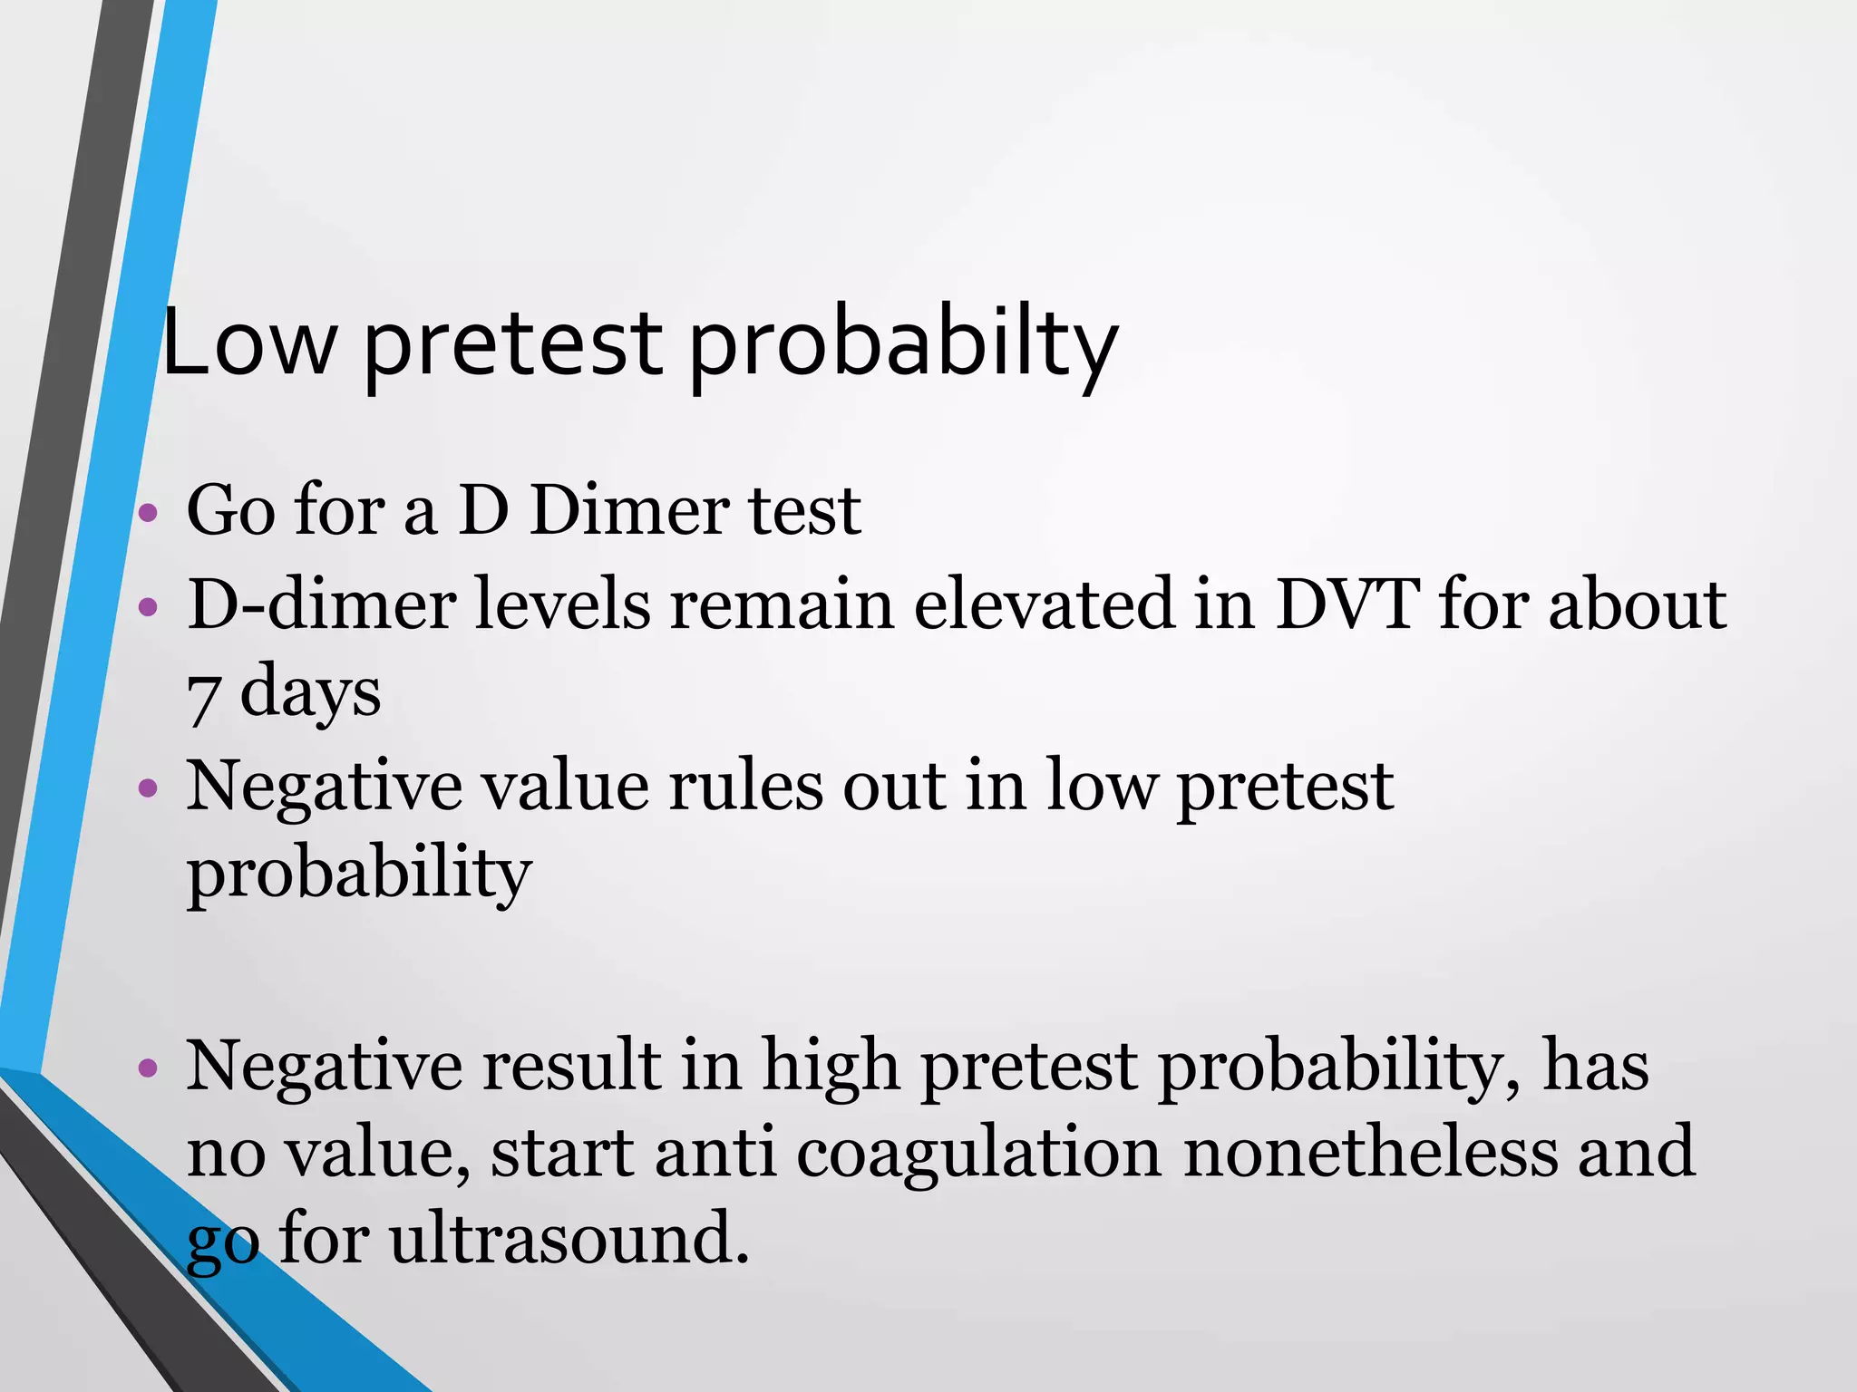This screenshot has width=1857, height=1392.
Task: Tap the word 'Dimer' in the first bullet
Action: [x=629, y=510]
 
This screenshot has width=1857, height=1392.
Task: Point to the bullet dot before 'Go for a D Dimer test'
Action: [x=148, y=515]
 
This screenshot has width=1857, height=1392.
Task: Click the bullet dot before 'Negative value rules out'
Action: [x=148, y=788]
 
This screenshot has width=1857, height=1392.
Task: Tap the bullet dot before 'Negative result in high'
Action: [x=148, y=1068]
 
